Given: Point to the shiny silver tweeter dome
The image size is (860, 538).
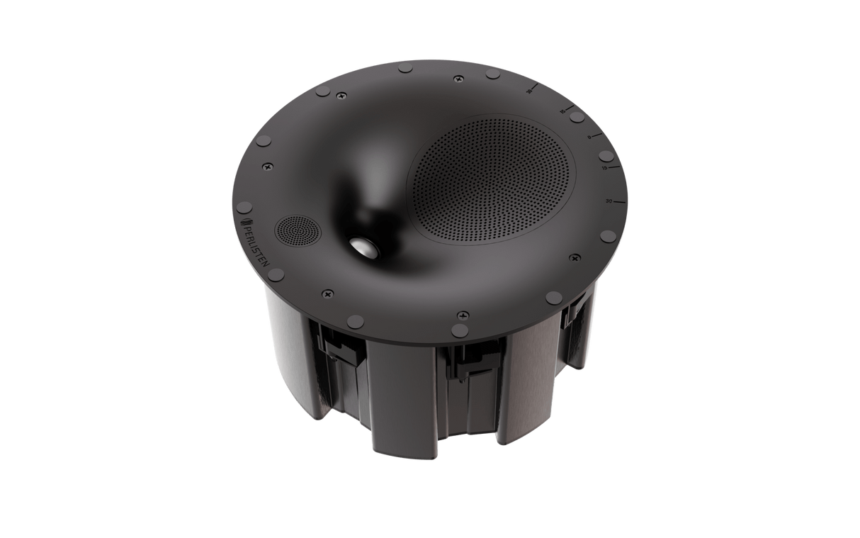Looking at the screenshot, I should coord(367,247).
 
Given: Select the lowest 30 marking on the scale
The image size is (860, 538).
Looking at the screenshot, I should coord(609,202).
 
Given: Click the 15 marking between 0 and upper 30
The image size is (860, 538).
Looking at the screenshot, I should coord(561,112).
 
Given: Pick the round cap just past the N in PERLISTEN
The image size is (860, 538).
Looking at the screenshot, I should coord(276,273).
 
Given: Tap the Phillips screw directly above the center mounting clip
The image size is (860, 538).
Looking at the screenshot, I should coord(462,313).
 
